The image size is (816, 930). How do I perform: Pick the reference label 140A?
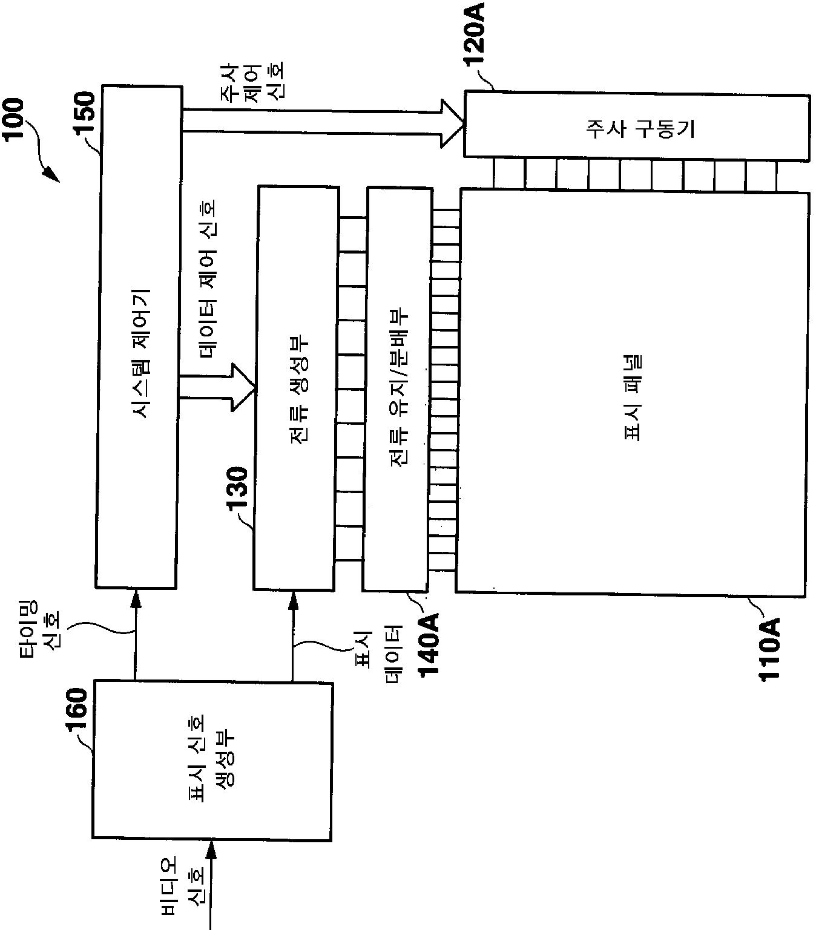click(x=430, y=647)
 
